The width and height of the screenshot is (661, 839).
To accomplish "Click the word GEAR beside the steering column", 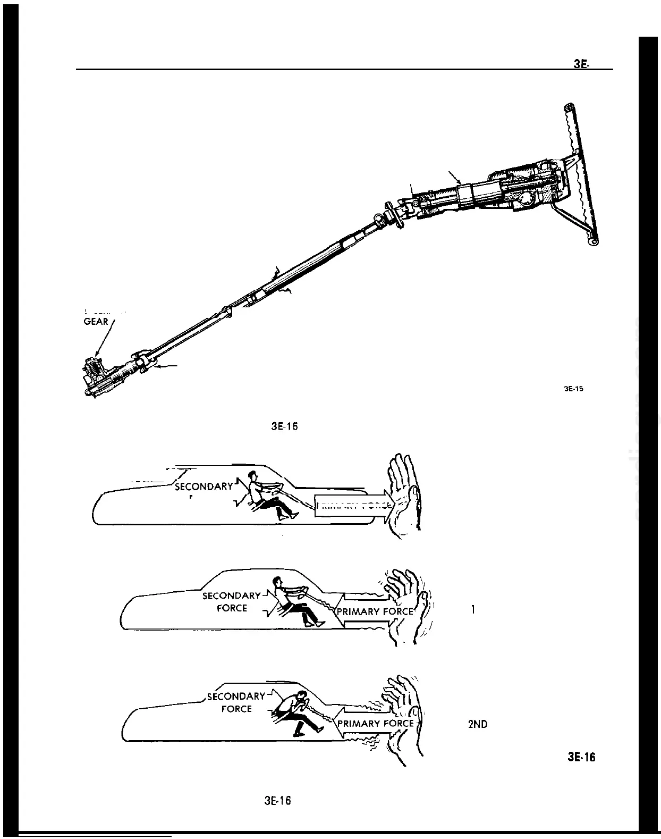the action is (x=96, y=321).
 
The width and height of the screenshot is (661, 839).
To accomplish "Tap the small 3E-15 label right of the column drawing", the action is (x=573, y=389).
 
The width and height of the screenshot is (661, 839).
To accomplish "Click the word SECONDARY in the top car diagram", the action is (x=204, y=486).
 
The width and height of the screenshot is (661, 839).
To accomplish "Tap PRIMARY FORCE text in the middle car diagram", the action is (x=375, y=611).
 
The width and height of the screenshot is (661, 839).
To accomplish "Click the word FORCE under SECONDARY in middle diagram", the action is (x=232, y=608).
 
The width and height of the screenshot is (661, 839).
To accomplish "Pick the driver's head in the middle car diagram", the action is (x=276, y=581).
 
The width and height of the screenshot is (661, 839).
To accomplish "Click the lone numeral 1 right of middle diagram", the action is (x=473, y=610).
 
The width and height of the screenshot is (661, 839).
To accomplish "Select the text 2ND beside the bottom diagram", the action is (x=478, y=724).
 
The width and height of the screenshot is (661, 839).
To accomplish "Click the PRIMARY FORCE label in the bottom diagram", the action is (x=375, y=723).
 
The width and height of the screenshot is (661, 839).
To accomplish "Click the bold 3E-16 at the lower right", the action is (x=581, y=757).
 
